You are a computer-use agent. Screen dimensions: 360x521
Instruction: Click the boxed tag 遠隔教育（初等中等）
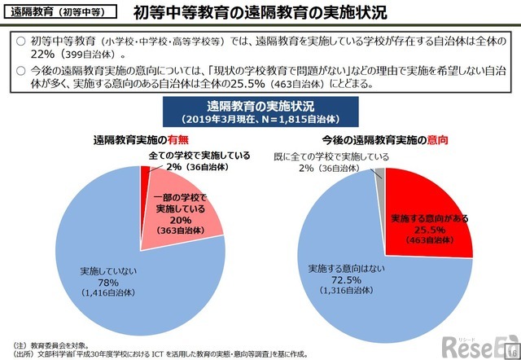56,14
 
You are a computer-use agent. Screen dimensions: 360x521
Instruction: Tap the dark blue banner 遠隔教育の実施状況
260,110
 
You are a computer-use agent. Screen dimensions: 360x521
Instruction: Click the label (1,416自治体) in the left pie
108,295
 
